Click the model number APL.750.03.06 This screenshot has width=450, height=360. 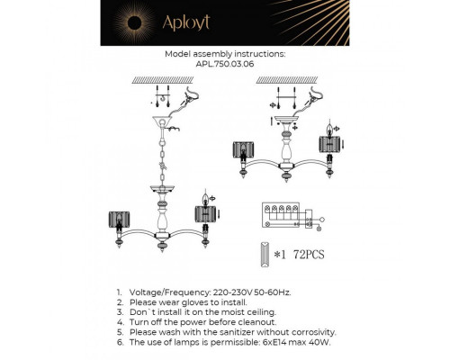click(x=225, y=65)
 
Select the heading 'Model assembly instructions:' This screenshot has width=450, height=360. click(x=225, y=54)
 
